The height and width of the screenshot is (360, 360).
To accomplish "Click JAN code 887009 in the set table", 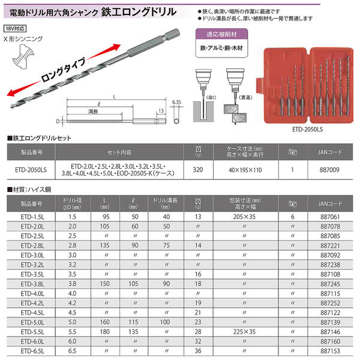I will pyautogui.click(x=328, y=170).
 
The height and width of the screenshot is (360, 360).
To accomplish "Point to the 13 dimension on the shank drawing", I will pyautogui.click(x=161, y=110).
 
